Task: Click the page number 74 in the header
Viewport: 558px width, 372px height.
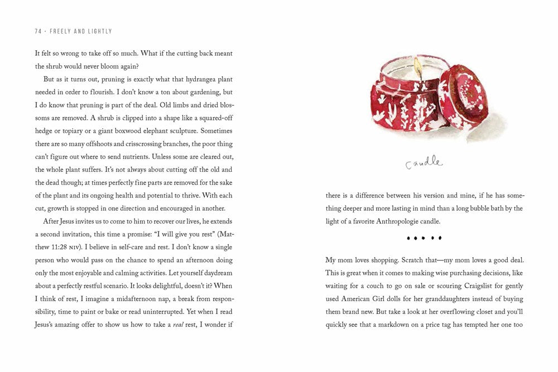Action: click(38, 32)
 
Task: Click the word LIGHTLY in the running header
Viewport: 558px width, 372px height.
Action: click(99, 32)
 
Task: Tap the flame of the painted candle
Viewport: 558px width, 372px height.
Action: click(417, 67)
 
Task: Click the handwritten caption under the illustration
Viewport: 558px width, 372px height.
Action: click(424, 164)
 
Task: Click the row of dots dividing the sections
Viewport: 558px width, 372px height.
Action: click(424, 239)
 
